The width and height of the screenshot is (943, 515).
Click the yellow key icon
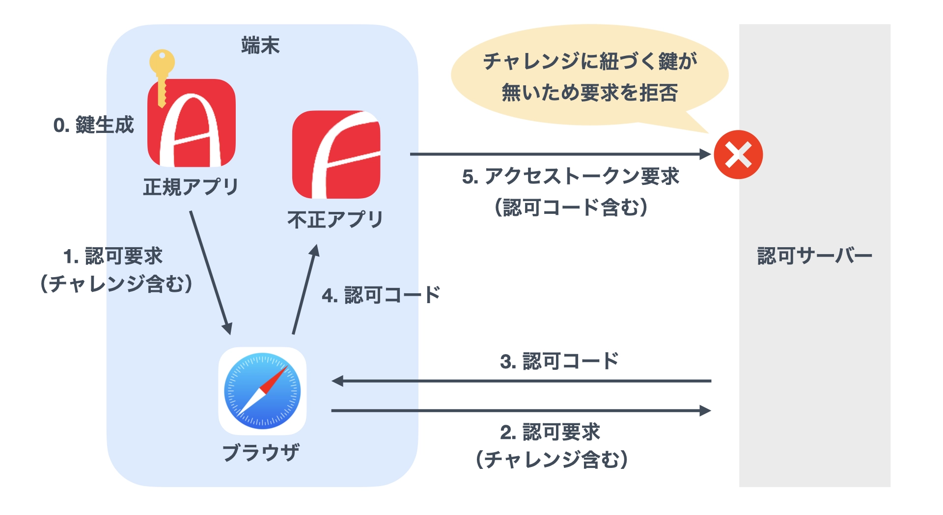tap(162, 74)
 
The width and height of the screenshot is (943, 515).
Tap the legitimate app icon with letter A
tap(192, 125)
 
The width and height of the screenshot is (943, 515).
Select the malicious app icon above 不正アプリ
tap(336, 154)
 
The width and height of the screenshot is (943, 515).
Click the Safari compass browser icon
tap(262, 391)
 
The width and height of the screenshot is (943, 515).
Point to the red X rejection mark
tap(738, 154)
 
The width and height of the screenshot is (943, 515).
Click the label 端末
tap(260, 46)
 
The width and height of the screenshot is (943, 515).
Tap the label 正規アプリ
tap(191, 187)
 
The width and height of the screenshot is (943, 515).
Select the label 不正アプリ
tap(335, 220)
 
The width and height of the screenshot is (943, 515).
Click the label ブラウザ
tap(261, 452)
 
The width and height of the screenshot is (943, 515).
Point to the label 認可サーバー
tap(814, 256)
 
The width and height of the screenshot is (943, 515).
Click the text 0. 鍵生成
tap(93, 126)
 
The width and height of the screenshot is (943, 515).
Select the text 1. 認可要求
tap(113, 256)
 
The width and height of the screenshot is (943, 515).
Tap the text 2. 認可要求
tap(550, 432)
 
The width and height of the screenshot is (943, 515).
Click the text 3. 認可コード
tap(559, 361)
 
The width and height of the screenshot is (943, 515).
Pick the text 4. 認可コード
tap(381, 295)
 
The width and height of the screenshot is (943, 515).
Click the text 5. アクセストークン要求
tap(571, 177)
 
